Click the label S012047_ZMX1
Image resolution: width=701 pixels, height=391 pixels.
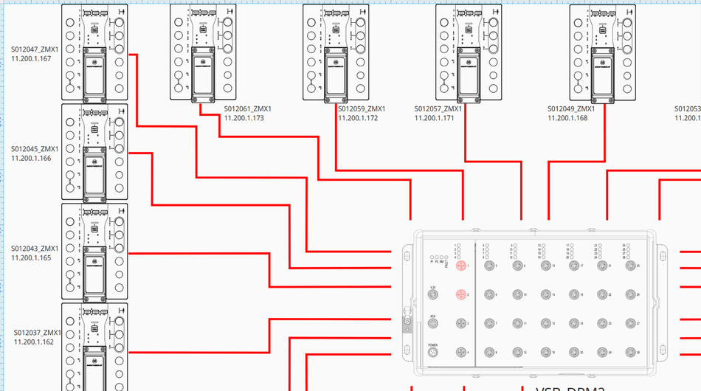coord(35,49)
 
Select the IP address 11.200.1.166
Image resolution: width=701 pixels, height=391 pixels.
coord(31,158)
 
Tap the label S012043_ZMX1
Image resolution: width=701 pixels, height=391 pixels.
coord(35,249)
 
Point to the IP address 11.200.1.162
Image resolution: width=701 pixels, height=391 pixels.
coord(34,342)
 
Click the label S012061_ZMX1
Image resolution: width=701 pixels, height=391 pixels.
coord(248,109)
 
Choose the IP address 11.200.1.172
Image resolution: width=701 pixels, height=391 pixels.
coord(358,118)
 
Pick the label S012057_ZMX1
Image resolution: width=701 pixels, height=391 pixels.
coord(438,109)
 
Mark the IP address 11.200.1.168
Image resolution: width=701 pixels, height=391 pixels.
coord(567,118)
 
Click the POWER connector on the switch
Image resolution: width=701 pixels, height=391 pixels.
coord(433,353)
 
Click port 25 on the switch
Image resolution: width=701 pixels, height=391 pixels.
coord(630,265)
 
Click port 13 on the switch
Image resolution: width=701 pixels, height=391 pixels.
coord(545,265)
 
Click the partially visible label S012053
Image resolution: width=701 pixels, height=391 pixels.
coord(688,109)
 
